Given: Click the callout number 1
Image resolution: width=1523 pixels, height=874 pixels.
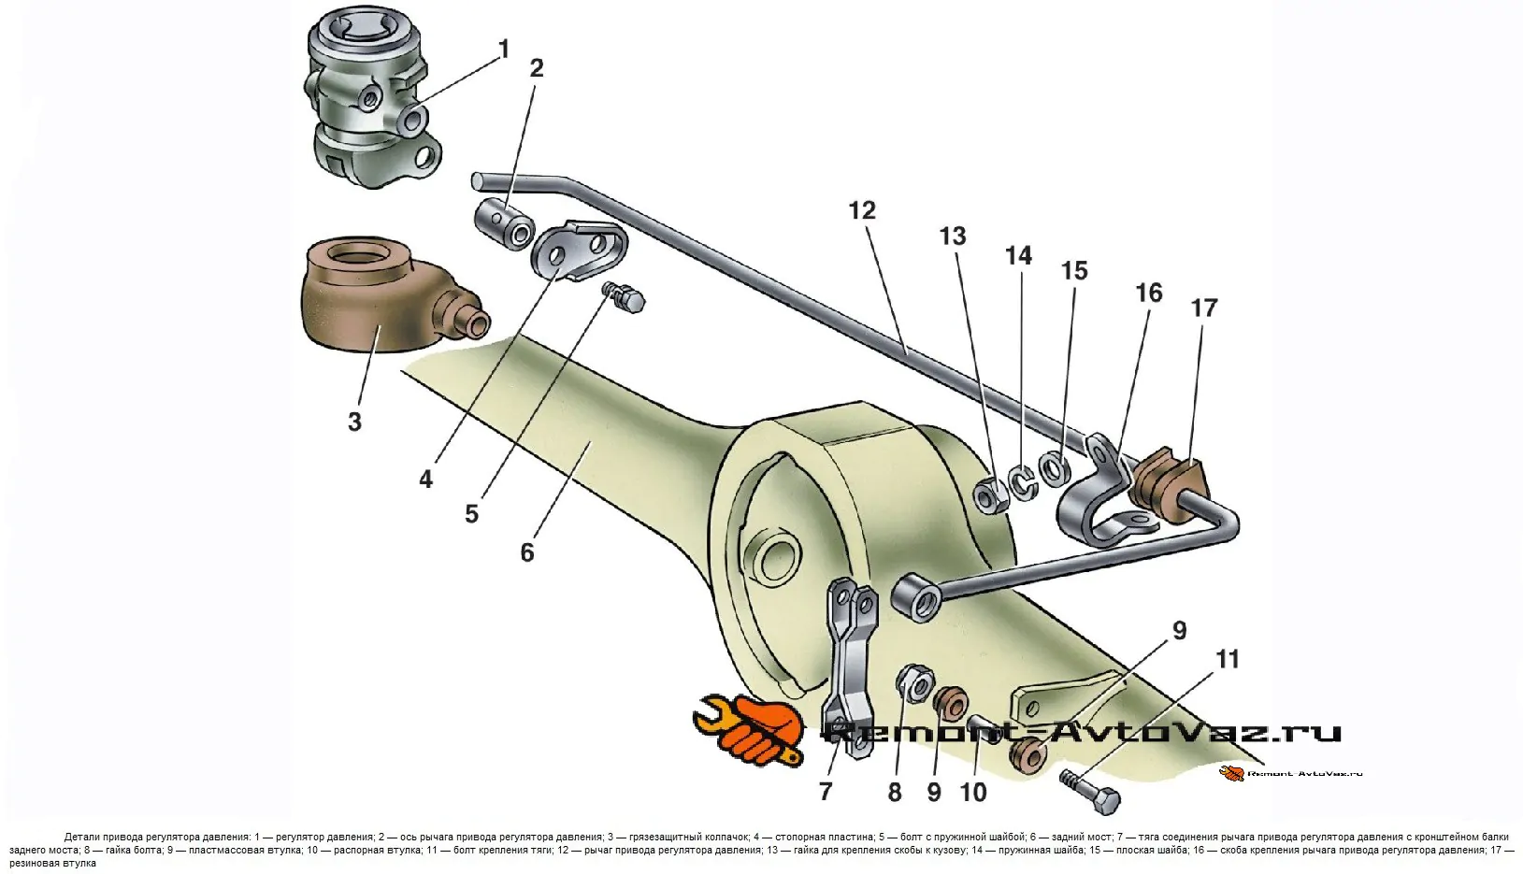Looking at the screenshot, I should tap(504, 49).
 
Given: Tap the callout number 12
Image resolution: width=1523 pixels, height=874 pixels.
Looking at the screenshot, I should tap(861, 210).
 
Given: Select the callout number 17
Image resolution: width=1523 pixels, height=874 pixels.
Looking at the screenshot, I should tap(1204, 308).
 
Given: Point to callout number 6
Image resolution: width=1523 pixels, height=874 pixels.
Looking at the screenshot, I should tap(527, 552).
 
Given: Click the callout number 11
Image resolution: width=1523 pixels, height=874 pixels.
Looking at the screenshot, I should tap(1228, 659).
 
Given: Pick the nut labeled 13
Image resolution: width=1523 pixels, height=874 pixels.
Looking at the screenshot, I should tap(991, 494).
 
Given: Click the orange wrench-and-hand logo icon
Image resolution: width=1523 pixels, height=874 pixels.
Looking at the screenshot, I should tap(748, 727).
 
